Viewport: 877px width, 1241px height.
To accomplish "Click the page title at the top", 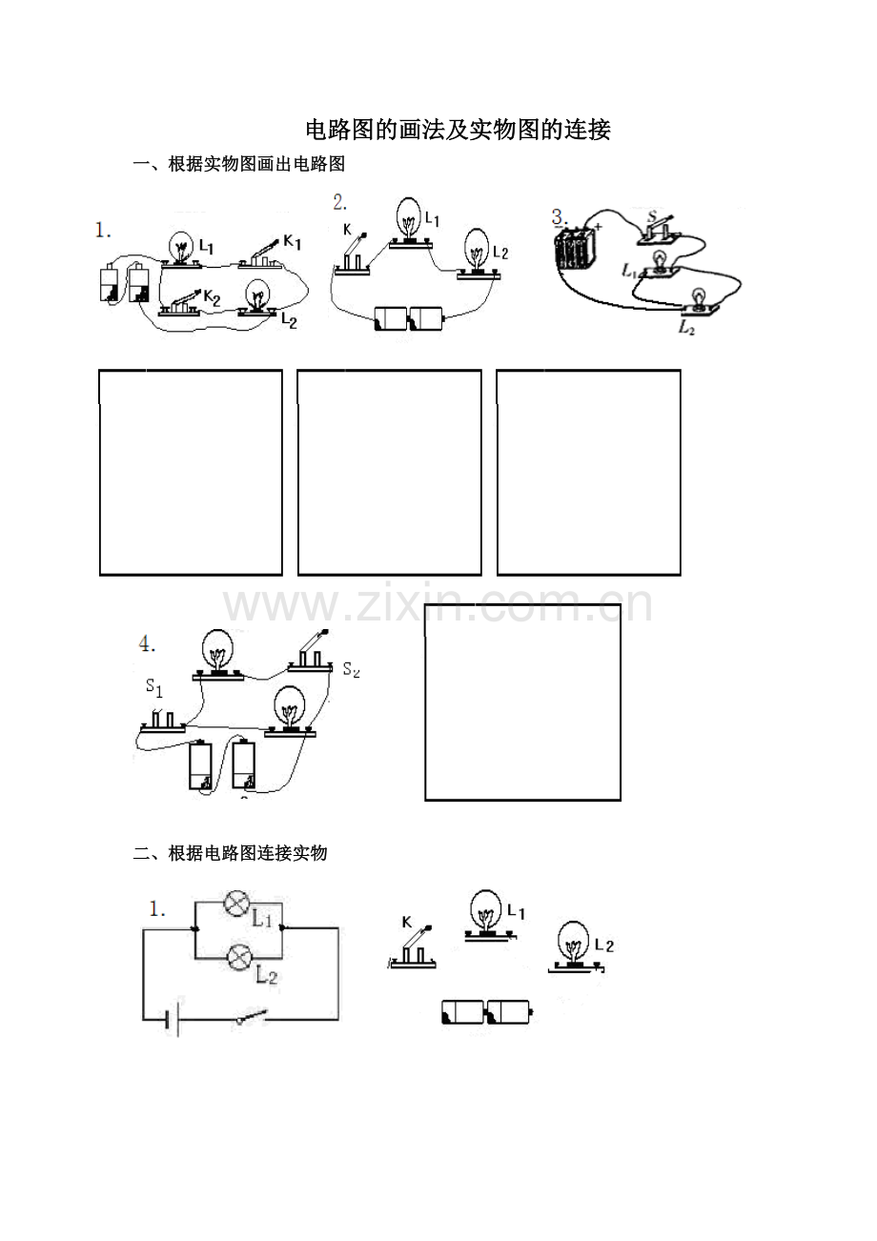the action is (459, 130).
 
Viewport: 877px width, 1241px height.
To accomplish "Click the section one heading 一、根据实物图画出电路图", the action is (239, 164).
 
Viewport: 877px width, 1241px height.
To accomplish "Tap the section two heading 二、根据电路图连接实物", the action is (230, 853).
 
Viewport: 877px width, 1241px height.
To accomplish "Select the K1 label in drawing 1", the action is (292, 241).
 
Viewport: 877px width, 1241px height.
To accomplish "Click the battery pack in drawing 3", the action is (575, 249).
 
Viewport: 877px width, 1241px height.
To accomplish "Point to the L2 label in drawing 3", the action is (686, 328).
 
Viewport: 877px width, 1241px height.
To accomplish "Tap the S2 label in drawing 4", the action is (351, 670).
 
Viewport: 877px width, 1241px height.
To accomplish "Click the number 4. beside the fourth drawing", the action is (147, 644).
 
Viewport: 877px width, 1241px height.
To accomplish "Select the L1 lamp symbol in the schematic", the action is (236, 904).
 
